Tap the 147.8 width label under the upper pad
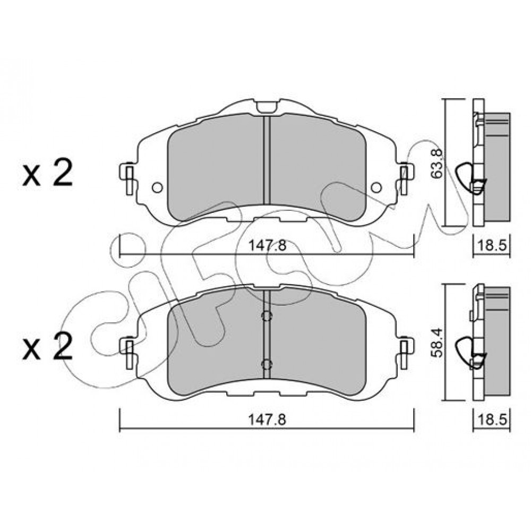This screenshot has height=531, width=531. (268, 245)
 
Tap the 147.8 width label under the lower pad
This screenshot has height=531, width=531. (268, 420)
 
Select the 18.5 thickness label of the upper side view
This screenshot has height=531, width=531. (492, 245)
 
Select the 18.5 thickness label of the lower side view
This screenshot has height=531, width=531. (492, 420)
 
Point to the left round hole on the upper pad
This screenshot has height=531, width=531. (158, 187)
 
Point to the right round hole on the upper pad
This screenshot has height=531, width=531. (376, 187)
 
